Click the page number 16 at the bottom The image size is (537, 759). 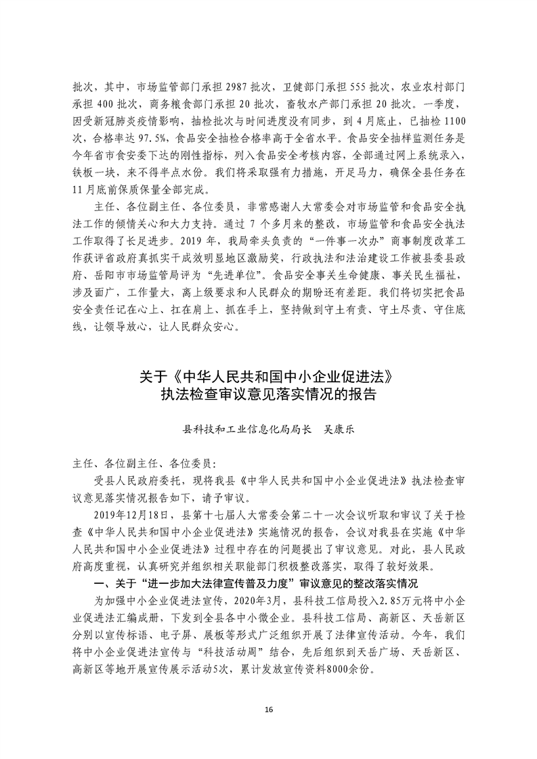pos(269,709)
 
